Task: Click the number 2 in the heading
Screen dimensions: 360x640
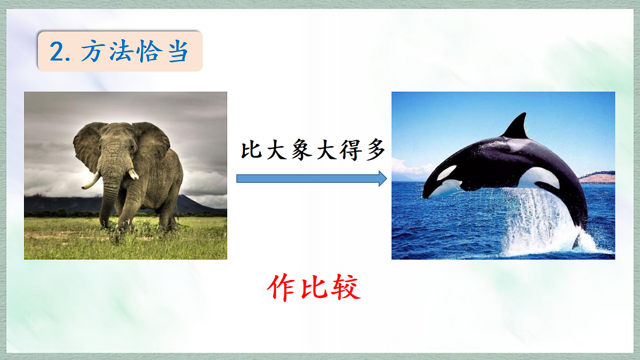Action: (57, 52)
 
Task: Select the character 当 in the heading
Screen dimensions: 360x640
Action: (178, 52)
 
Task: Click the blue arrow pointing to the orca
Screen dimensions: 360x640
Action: (311, 178)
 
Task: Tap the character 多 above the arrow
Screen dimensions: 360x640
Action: (374, 151)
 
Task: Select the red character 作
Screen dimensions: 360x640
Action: (281, 289)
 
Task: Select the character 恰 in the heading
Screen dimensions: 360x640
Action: (149, 52)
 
